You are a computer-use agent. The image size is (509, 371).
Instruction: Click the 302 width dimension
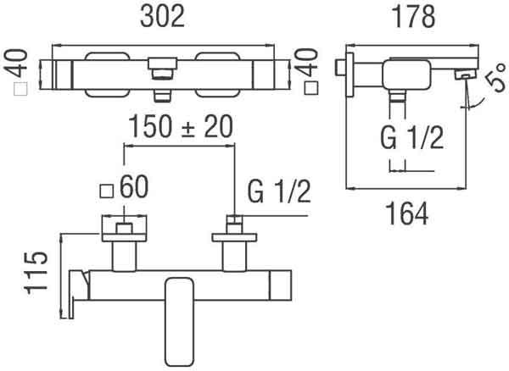coord(162,16)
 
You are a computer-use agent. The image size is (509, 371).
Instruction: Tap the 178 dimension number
coord(414,16)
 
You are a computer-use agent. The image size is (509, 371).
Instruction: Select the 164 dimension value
coord(408,213)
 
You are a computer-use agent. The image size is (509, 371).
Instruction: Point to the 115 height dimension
coord(36,273)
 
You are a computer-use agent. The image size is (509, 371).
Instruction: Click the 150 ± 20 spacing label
coord(181,126)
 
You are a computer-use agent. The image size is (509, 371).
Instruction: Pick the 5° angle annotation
coord(496,77)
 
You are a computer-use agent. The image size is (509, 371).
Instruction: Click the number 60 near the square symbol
coord(134,186)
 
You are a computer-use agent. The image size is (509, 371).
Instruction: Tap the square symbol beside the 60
coord(107,191)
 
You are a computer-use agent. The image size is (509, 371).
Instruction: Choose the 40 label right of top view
coord(307,63)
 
